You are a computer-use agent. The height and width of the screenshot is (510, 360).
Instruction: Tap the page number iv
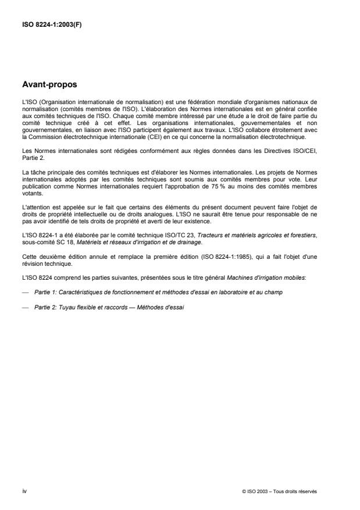click(x=23, y=491)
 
